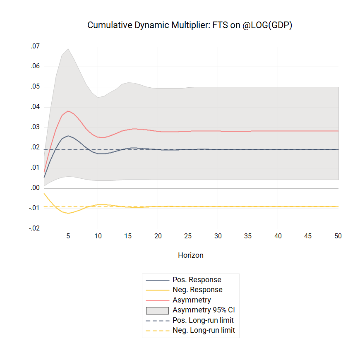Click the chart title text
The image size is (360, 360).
pyautogui.click(x=190, y=25)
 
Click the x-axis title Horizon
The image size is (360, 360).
pyautogui.click(x=190, y=255)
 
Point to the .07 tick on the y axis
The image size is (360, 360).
pyautogui.click(x=35, y=46)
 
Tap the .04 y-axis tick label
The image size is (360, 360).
pyautogui.click(x=35, y=107)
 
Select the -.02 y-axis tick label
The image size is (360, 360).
pyautogui.click(x=34, y=228)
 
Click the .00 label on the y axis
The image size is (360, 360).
pyautogui.click(x=35, y=188)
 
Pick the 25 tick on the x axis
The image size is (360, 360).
pyautogui.click(x=188, y=236)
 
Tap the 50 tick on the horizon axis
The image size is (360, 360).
pyautogui.click(x=338, y=236)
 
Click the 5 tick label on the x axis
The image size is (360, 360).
pyautogui.click(x=68, y=236)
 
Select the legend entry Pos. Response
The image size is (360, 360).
pyautogui.click(x=197, y=280)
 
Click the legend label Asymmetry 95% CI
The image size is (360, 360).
pyautogui.click(x=204, y=310)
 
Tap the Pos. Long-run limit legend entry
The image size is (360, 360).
pyautogui.click(x=203, y=320)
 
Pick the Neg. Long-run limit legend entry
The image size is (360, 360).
pyautogui.click(x=204, y=330)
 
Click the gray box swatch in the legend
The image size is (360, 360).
pyautogui.click(x=157, y=310)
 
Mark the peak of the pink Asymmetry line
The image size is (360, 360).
pyautogui.click(x=68, y=111)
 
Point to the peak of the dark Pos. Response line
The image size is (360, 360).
pyautogui.click(x=68, y=136)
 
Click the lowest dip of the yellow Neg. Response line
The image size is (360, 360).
pyautogui.click(x=68, y=213)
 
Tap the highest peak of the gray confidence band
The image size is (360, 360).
pyautogui.click(x=68, y=48)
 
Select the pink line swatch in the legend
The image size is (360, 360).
pyautogui.click(x=157, y=300)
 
